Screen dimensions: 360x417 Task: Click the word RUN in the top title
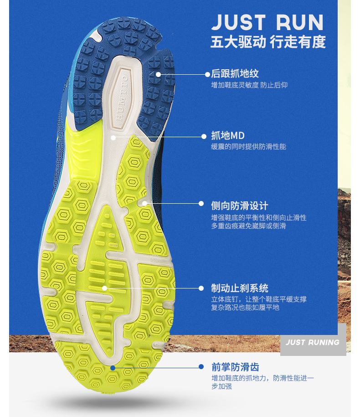tap(299, 22)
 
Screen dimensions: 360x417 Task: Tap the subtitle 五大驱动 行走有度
tap(268, 42)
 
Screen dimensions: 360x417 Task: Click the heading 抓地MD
tap(228, 136)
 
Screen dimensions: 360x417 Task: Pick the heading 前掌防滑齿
tap(235, 367)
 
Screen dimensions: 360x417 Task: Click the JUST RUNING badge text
tap(313, 342)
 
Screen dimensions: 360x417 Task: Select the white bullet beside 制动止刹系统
tap(201, 288)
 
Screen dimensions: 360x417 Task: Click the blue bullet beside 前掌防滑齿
tap(201, 366)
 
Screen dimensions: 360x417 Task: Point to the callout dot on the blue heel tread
tap(158, 74)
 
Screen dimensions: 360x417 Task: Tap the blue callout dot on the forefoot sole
tap(113, 367)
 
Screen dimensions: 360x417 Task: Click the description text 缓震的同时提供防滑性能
tap(249, 147)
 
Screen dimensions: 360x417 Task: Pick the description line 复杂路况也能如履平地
tap(245, 308)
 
